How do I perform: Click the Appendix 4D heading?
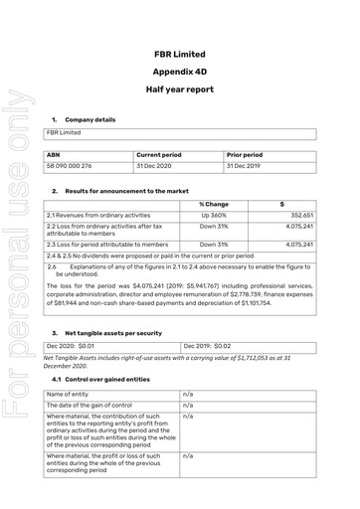coord(181,72)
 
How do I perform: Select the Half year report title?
coord(181,92)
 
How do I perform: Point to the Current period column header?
coord(159,155)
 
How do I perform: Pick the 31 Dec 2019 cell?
coord(245,166)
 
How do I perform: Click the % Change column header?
coord(214,204)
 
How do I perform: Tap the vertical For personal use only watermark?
coord(17,298)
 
